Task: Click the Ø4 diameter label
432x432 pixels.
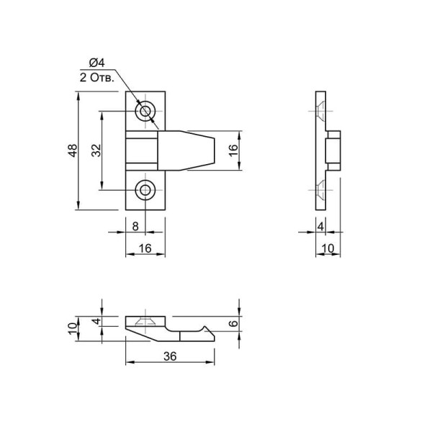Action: pyautogui.click(x=96, y=63)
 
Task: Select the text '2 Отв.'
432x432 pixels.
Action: pyautogui.click(x=96, y=78)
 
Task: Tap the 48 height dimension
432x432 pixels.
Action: pyautogui.click(x=73, y=150)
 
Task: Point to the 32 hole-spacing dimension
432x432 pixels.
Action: pyautogui.click(x=96, y=150)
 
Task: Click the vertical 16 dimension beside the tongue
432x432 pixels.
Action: pyautogui.click(x=233, y=150)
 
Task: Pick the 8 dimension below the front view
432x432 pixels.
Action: pyautogui.click(x=135, y=227)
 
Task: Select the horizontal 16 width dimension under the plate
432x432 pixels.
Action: pyautogui.click(x=145, y=248)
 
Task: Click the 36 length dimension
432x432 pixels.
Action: pyautogui.click(x=170, y=356)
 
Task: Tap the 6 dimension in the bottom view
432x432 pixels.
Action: pyautogui.click(x=233, y=323)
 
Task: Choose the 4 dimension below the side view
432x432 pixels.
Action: pyautogui.click(x=320, y=227)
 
